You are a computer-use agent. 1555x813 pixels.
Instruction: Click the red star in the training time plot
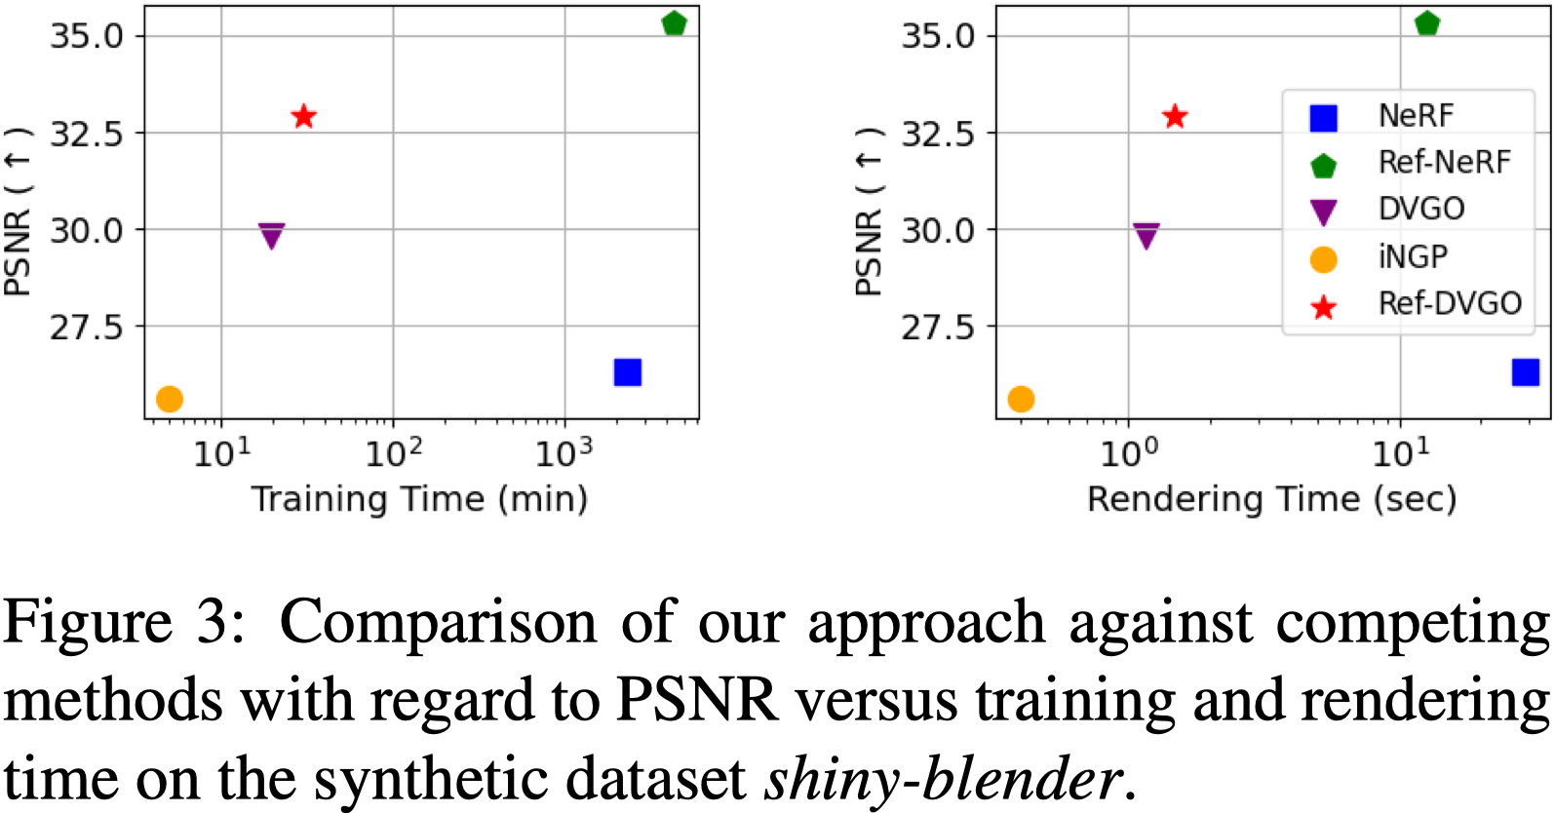click(304, 117)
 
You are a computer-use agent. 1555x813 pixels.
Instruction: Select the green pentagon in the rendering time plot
click(1427, 23)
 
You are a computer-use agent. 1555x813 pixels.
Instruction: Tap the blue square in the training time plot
click(627, 372)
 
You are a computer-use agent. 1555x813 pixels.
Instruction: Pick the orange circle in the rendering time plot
click(1021, 399)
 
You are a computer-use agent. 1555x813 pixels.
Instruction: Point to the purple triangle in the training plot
click(271, 235)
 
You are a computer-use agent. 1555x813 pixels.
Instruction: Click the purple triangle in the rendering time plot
click(1147, 235)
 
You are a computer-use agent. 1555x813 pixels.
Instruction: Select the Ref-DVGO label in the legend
click(1450, 303)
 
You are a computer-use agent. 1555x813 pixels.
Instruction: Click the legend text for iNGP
click(1413, 256)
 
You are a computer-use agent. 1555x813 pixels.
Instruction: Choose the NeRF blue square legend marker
click(1323, 118)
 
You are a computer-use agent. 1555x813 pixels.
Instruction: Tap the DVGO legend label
click(1420, 209)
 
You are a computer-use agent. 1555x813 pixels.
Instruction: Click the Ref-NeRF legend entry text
click(1444, 162)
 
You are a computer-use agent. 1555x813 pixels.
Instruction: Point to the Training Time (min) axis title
click(420, 499)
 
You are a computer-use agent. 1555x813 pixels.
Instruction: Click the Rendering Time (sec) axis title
click(1271, 499)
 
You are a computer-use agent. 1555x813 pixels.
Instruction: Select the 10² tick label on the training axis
click(393, 453)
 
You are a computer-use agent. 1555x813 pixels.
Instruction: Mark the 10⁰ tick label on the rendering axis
click(1129, 453)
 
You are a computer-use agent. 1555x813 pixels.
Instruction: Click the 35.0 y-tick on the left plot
click(88, 36)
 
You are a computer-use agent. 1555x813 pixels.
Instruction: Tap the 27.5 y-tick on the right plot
click(938, 328)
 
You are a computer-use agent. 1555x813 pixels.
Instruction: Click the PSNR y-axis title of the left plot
click(18, 212)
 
